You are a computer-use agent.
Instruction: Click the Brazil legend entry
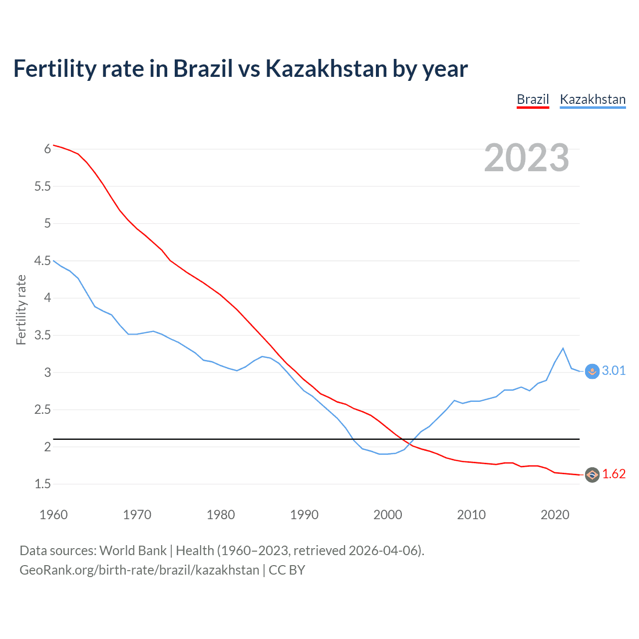click(533, 99)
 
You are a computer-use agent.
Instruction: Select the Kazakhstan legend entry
click(593, 99)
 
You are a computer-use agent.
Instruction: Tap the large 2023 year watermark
click(527, 158)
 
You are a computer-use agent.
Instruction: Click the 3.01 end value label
click(614, 370)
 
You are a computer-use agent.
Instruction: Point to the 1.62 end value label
click(614, 474)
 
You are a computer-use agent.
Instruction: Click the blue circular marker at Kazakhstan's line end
click(592, 371)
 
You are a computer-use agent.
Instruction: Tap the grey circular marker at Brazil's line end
click(592, 475)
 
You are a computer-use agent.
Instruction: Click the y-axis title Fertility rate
click(21, 310)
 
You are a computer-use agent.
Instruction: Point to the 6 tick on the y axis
click(47, 149)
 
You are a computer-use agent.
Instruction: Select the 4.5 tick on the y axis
click(42, 261)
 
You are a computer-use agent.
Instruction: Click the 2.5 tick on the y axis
click(42, 409)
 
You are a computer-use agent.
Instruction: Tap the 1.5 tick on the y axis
click(42, 484)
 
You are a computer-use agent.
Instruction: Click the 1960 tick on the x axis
click(53, 515)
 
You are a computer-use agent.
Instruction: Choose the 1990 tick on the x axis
click(304, 515)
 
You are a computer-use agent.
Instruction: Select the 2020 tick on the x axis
click(555, 515)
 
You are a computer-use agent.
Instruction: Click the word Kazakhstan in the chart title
click(326, 69)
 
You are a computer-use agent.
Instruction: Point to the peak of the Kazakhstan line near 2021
click(563, 348)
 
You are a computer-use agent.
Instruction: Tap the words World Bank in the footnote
click(133, 551)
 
